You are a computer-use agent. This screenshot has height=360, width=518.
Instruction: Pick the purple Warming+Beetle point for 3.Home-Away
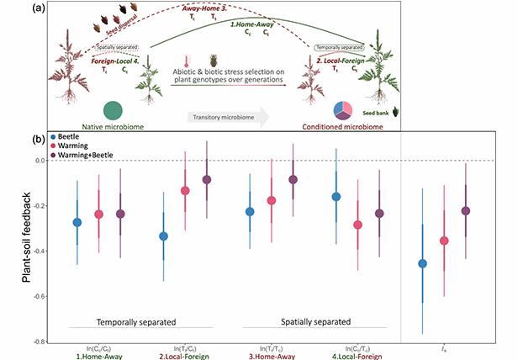293,179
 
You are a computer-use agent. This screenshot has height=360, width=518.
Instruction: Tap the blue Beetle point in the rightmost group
423,263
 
